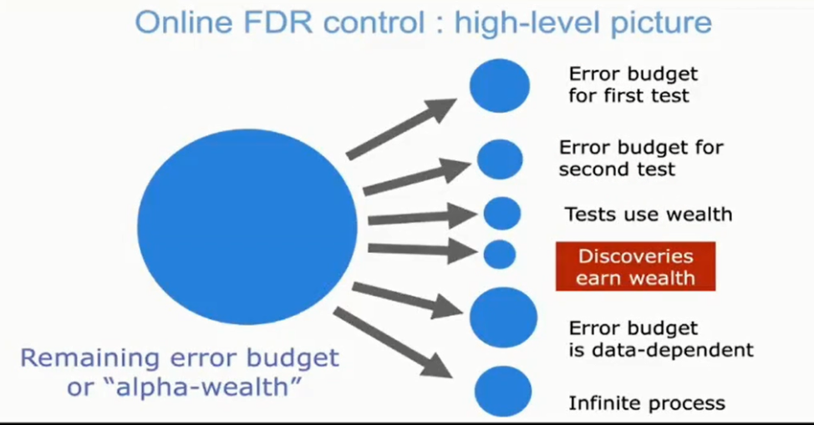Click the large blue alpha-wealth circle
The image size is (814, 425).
pyautogui.click(x=247, y=227)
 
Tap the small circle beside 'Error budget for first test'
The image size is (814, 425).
pyautogui.click(x=500, y=86)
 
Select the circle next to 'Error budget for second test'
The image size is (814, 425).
pyautogui.click(x=500, y=159)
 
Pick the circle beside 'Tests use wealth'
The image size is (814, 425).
pyautogui.click(x=502, y=213)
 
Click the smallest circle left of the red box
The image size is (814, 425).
pyautogui.click(x=500, y=255)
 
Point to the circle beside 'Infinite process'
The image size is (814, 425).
pyautogui.click(x=502, y=392)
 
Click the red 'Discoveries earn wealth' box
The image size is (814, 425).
pyautogui.click(x=635, y=266)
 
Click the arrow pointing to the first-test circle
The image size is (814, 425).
pyautogui.click(x=401, y=129)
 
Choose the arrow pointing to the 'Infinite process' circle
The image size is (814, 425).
pyautogui.click(x=393, y=342)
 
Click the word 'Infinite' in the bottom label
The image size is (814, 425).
pyautogui.click(x=603, y=402)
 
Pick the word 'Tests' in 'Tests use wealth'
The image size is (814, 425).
pyautogui.click(x=588, y=214)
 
